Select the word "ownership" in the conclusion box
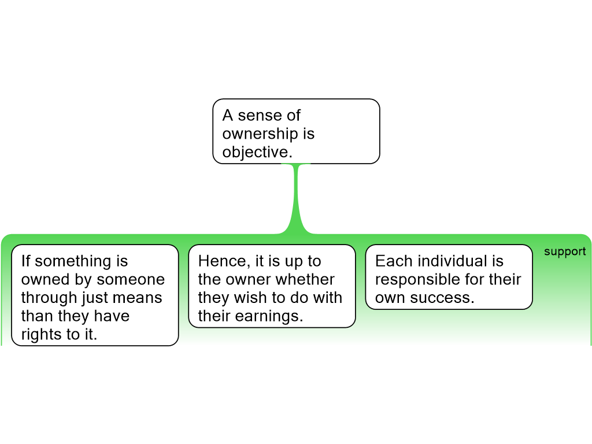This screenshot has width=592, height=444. (x=260, y=134)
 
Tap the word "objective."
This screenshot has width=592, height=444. (x=257, y=152)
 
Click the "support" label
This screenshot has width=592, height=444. (x=565, y=252)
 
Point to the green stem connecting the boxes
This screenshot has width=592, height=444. (x=297, y=198)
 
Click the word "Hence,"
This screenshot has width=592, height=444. (x=223, y=261)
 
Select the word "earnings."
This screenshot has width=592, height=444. (x=269, y=316)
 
